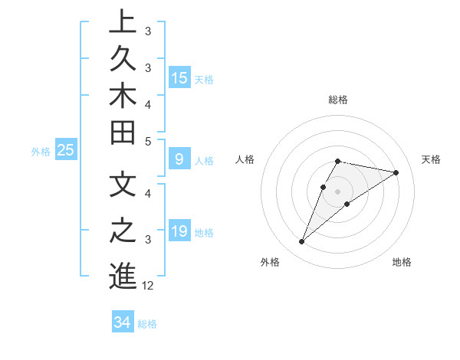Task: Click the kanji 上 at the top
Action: pyautogui.click(x=123, y=21)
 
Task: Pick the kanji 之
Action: pyautogui.click(x=123, y=231)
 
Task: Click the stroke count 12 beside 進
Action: pyautogui.click(x=148, y=286)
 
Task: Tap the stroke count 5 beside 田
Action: pyautogui.click(x=148, y=142)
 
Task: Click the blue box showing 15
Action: pyautogui.click(x=179, y=78)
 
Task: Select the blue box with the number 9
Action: pyautogui.click(x=179, y=160)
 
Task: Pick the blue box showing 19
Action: pyautogui.click(x=179, y=232)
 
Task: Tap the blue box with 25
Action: pyautogui.click(x=66, y=151)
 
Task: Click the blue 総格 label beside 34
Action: pyautogui.click(x=147, y=324)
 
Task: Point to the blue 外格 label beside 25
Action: pyautogui.click(x=41, y=152)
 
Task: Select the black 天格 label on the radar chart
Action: pyautogui.click(x=431, y=159)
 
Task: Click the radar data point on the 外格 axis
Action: pyautogui.click(x=302, y=242)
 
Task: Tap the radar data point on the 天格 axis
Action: pyautogui.click(x=396, y=172)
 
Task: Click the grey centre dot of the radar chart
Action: pyautogui.click(x=338, y=191)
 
